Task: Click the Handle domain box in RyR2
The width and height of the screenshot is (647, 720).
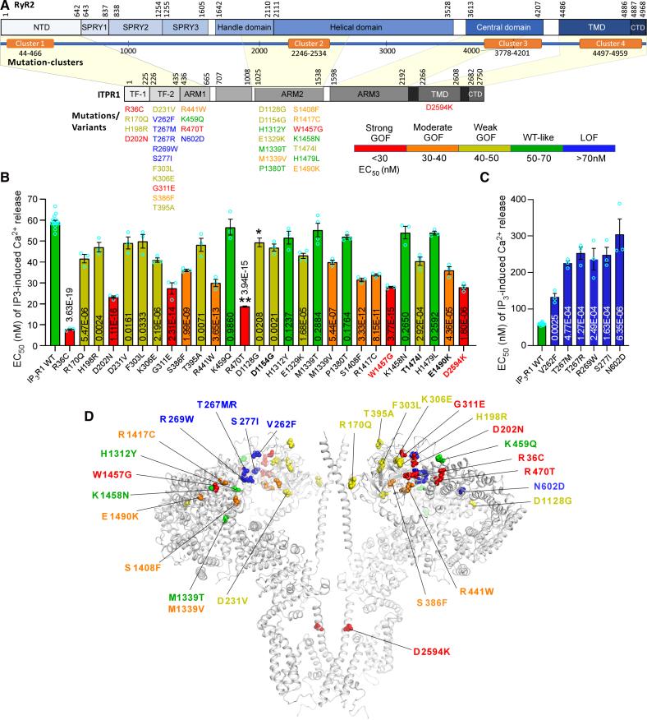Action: click(x=243, y=27)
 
